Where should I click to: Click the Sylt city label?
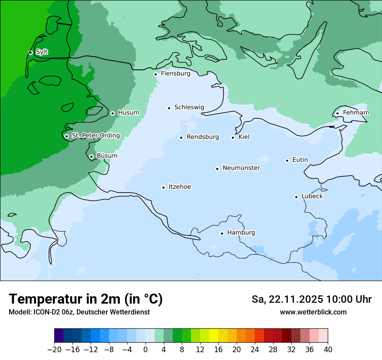42,52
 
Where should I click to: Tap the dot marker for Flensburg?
155,74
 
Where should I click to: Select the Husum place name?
128,113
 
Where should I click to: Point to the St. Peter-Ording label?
95,136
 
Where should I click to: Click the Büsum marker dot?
91,157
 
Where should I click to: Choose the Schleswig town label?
189,107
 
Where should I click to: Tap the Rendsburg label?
203,137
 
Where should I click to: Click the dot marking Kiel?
233,137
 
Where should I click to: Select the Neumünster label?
241,168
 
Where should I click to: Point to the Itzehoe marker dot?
163,187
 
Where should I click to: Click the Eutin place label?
300,160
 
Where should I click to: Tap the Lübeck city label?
312,196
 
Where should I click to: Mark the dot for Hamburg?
222,233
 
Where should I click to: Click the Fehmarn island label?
356,113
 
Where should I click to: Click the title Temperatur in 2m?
86,299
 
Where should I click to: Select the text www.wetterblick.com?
313,312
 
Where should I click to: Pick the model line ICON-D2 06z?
79,312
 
